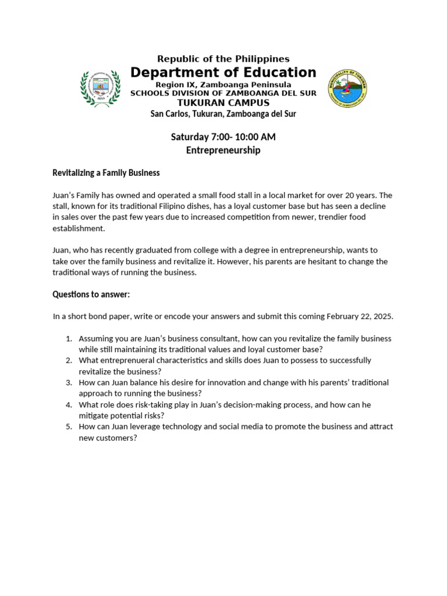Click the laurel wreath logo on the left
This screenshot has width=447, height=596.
(100, 88)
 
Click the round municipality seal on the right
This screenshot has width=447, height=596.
(347, 88)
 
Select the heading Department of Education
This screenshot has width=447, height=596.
(223, 72)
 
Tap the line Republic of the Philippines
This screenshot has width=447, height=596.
(223, 59)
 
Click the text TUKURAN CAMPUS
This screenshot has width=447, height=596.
(223, 103)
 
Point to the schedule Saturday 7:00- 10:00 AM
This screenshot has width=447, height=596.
(223, 137)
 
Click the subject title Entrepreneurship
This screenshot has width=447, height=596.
(223, 150)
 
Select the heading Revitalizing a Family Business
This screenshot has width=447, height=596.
(106, 173)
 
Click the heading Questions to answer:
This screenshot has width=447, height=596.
(91, 295)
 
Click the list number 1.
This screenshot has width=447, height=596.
(68, 339)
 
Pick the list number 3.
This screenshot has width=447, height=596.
(68, 382)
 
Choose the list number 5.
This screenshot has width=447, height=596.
(68, 427)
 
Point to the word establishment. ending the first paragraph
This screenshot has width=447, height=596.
(79, 228)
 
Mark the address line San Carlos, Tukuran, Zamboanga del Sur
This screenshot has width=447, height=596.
(223, 114)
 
